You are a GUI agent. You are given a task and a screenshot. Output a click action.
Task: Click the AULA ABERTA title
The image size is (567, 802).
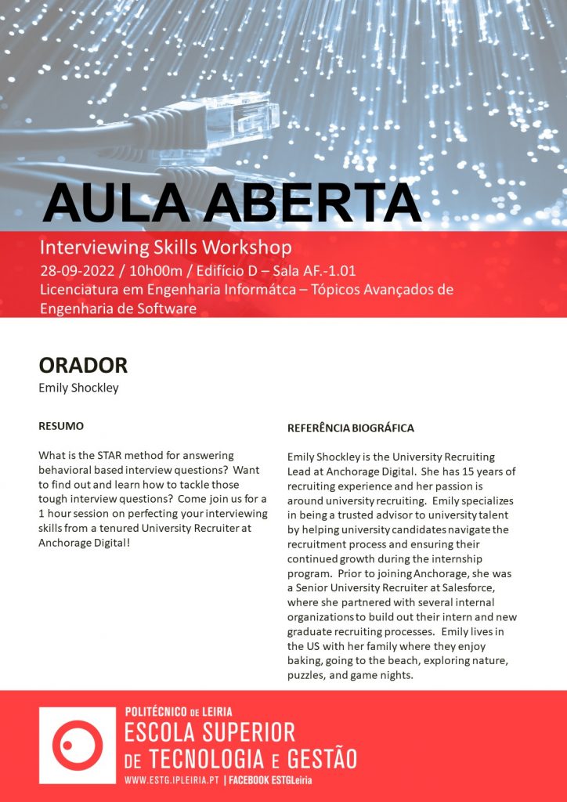pyautogui.click(x=232, y=203)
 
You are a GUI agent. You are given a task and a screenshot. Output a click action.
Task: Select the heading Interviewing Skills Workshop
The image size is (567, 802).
pyautogui.click(x=165, y=248)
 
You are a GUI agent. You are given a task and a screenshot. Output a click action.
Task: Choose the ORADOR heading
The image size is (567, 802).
pyautogui.click(x=82, y=366)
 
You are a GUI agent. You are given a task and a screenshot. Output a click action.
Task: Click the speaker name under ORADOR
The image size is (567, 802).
pyautogui.click(x=78, y=388)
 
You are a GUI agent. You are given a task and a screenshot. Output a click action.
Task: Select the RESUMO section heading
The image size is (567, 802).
pyautogui.click(x=61, y=427)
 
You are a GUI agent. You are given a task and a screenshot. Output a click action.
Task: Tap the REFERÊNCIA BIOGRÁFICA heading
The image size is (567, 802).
pyautogui.click(x=350, y=428)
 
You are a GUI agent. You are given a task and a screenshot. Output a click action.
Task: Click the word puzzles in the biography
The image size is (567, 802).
pyautogui.click(x=306, y=674)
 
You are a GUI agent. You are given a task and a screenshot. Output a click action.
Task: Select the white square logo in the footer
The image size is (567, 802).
pyautogui.click(x=77, y=745)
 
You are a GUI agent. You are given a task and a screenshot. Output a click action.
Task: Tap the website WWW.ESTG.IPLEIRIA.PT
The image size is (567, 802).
pyautogui.click(x=172, y=781)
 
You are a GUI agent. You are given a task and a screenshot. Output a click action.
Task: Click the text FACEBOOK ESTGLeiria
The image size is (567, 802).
pyautogui.click(x=274, y=781)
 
